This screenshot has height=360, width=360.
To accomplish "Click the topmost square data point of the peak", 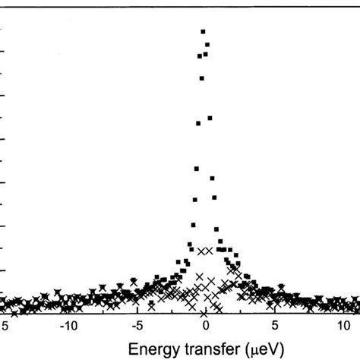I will [x=203, y=31].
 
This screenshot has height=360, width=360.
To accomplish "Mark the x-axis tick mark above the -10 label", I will [x=68, y=311].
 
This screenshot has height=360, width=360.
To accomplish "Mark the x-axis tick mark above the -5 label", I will [x=137, y=311].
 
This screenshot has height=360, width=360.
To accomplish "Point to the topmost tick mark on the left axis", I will [x=3, y=29].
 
